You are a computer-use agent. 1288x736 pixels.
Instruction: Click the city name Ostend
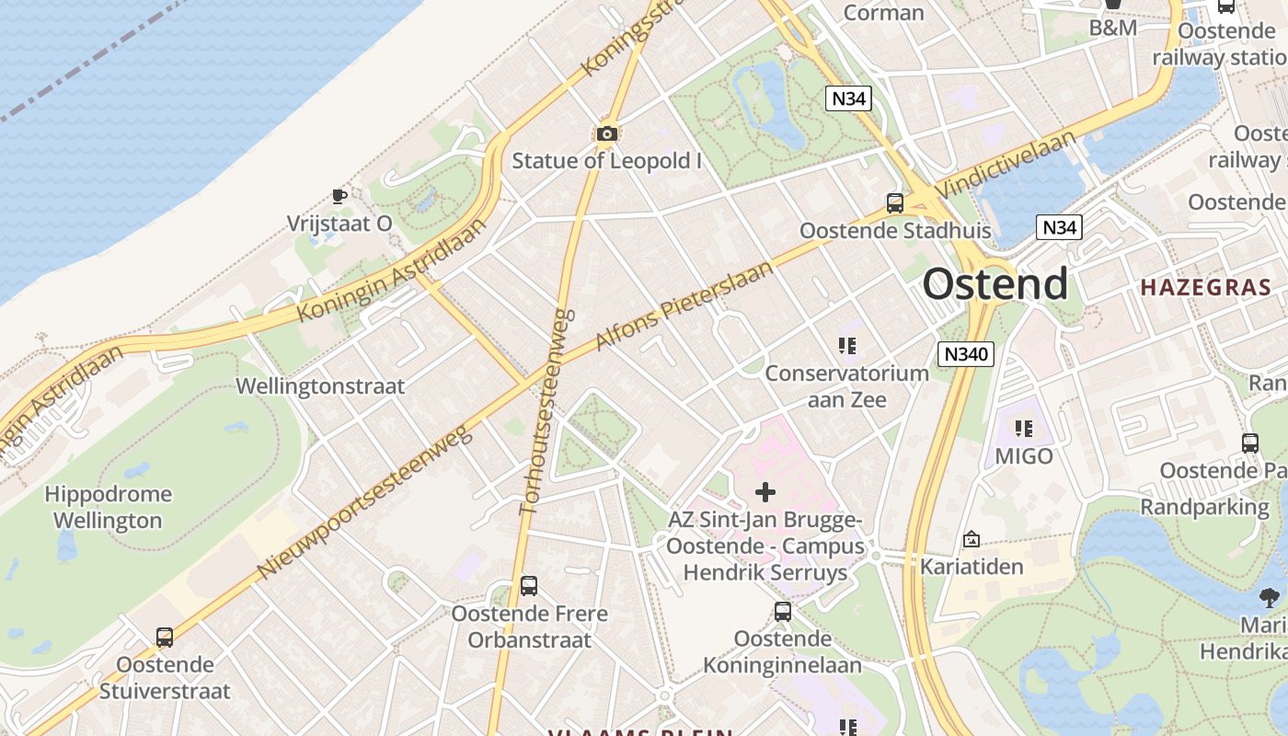pyautogui.click(x=995, y=283)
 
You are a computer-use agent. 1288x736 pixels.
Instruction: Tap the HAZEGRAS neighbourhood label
pyautogui.click(x=1205, y=287)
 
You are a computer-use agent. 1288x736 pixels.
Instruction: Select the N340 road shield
pyautogui.click(x=966, y=353)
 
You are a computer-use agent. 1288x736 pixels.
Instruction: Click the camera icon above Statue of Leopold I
pyautogui.click(x=606, y=134)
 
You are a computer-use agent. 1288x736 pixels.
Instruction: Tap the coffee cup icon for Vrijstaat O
pyautogui.click(x=339, y=196)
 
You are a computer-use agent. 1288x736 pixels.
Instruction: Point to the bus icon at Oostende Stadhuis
pyautogui.click(x=894, y=203)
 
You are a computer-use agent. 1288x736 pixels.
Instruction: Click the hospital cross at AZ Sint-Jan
pyautogui.click(x=765, y=492)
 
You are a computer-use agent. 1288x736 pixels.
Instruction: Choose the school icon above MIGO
pyautogui.click(x=1023, y=429)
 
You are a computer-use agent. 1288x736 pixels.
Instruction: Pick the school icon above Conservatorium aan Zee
pyautogui.click(x=847, y=346)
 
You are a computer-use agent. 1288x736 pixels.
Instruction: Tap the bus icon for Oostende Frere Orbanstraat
pyautogui.click(x=529, y=586)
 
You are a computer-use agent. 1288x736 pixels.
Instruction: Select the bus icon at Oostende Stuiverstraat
pyautogui.click(x=165, y=637)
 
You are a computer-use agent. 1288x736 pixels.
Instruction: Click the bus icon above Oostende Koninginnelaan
pyautogui.click(x=782, y=611)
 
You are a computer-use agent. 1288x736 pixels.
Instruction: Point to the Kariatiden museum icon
pyautogui.click(x=972, y=539)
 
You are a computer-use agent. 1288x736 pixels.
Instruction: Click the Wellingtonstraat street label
pyautogui.click(x=320, y=386)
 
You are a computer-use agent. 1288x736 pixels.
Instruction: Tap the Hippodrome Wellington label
pyautogui.click(x=109, y=507)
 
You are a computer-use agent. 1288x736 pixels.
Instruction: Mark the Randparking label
pyautogui.click(x=1204, y=507)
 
